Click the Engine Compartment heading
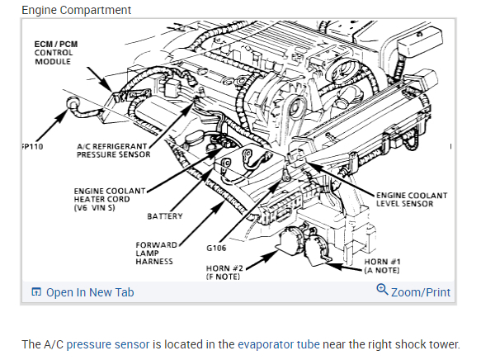76,10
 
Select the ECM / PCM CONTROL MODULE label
56,53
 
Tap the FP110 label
32,147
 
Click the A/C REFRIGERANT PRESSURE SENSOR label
113,150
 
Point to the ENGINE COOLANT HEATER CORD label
109,199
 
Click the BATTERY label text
165,216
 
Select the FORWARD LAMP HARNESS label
156,253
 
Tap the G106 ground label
216,248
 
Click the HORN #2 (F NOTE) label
224,272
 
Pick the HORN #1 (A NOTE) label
382,266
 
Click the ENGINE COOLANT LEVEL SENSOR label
412,200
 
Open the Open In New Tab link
83,292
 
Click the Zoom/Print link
421,292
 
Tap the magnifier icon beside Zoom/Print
382,290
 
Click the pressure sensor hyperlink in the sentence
108,344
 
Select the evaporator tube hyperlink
279,344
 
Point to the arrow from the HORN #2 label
262,260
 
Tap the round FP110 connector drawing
73,103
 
